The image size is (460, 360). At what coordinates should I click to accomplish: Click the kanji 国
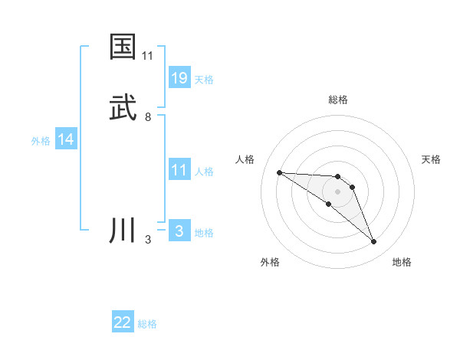(x=123, y=47)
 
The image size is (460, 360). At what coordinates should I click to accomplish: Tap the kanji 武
(x=123, y=108)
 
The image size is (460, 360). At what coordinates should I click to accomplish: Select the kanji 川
(x=123, y=231)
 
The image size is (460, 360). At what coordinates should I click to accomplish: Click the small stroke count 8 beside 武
(x=148, y=117)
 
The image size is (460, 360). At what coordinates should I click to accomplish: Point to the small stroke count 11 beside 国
(x=148, y=56)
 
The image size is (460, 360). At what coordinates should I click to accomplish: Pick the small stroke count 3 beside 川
(x=148, y=240)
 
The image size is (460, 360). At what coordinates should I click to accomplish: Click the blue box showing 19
(x=179, y=77)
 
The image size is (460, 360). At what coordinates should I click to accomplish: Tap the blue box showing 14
(x=66, y=139)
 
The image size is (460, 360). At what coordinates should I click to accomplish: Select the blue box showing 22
(x=123, y=322)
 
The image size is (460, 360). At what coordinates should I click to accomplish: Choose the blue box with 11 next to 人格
(x=179, y=170)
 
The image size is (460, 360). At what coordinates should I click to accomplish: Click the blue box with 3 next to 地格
(x=179, y=231)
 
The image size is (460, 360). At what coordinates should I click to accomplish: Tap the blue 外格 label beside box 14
(x=41, y=141)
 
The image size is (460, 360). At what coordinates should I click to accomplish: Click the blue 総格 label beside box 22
(x=147, y=324)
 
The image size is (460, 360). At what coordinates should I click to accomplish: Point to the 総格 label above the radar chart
(x=338, y=100)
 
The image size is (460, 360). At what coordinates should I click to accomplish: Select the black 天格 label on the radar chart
(x=432, y=159)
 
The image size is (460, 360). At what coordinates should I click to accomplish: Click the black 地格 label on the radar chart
(x=402, y=262)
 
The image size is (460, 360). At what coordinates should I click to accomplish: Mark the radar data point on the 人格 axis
(x=279, y=172)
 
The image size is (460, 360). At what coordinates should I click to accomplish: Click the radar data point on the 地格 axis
(x=374, y=242)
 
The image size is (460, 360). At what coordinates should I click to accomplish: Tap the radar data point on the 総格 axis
(x=338, y=177)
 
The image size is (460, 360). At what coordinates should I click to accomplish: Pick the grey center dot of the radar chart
(x=338, y=191)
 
